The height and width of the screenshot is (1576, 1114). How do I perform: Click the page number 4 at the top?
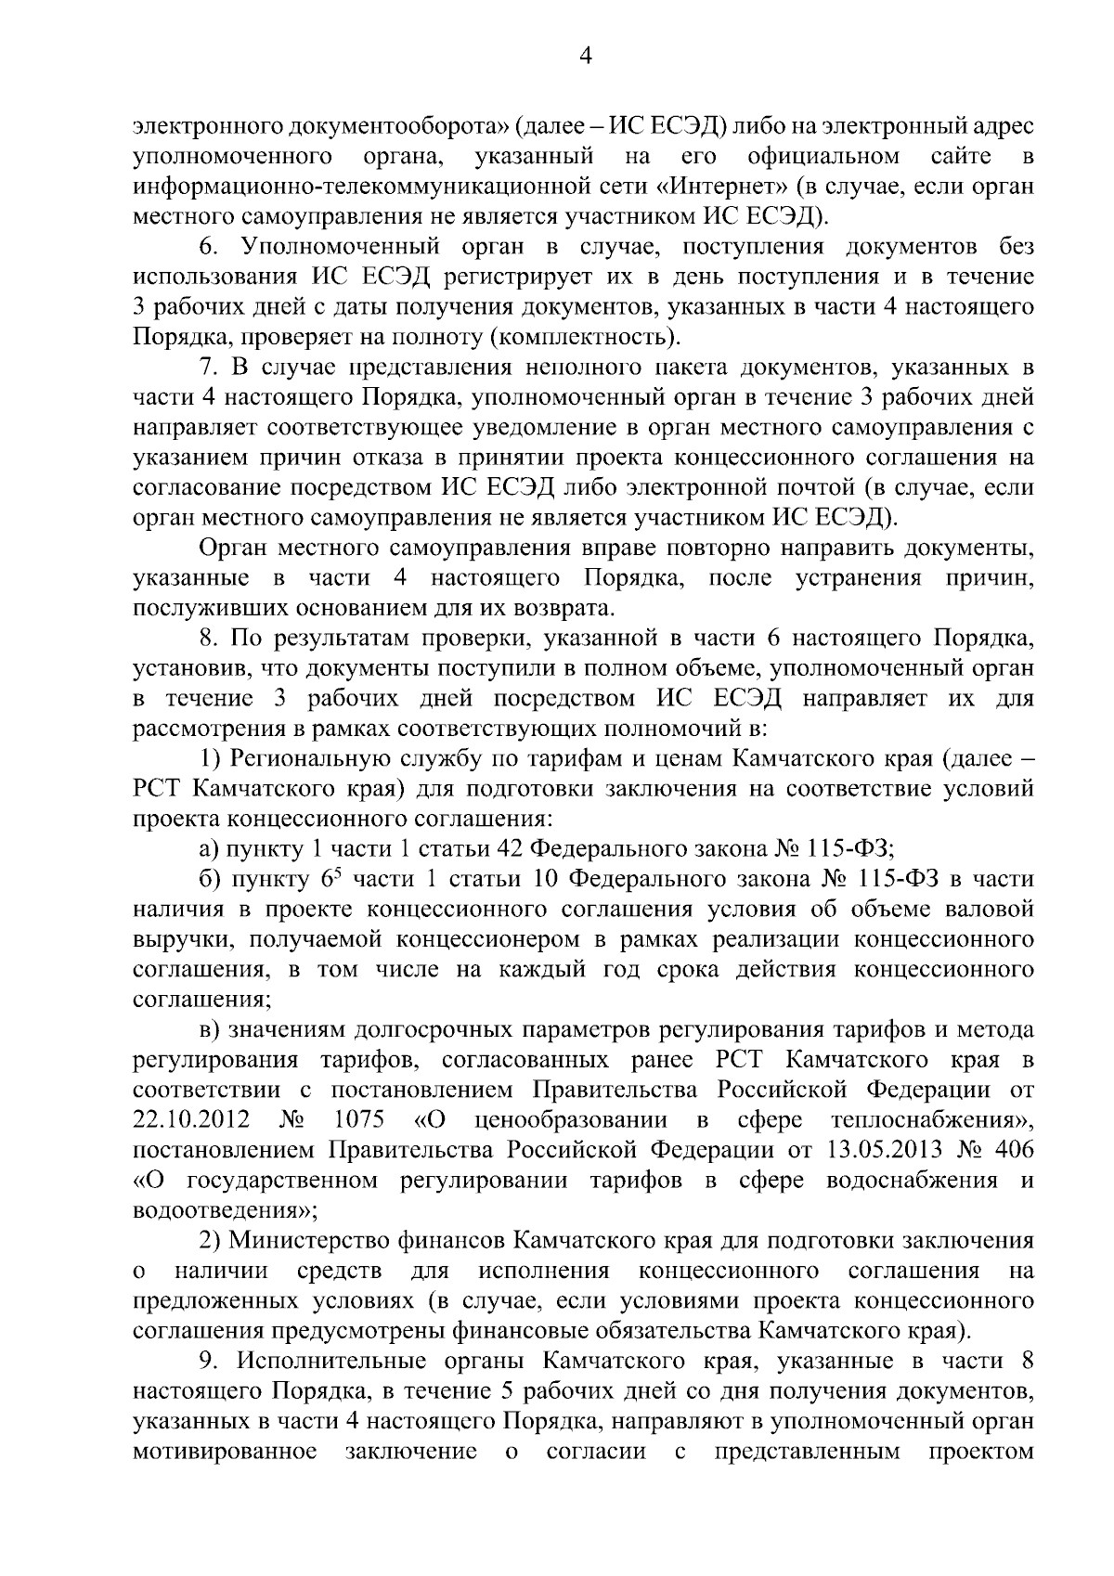(x=585, y=57)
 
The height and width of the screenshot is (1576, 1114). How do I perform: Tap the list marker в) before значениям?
(x=213, y=1030)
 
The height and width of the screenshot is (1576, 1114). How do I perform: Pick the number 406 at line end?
(x=1013, y=1150)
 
